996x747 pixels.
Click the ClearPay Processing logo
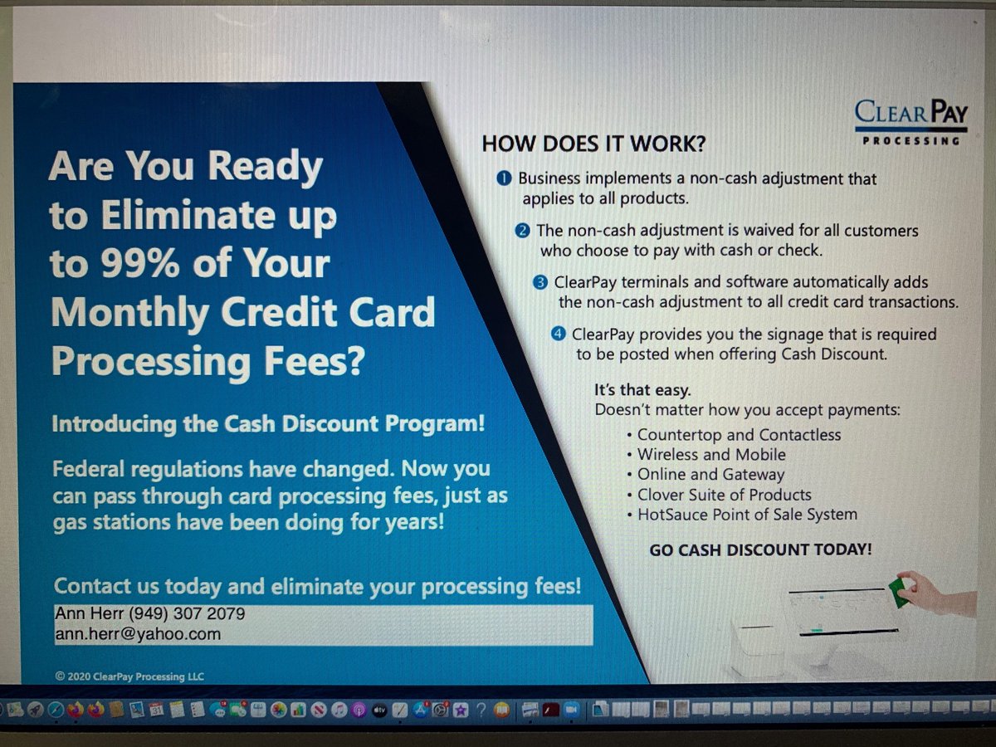pos(911,121)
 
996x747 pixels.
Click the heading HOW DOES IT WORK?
pos(593,144)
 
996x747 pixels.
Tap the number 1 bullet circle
pos(504,178)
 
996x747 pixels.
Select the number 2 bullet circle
pos(522,230)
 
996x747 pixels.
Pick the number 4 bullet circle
pos(559,334)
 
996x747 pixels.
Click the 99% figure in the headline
pos(133,264)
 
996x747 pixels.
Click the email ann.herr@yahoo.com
pos(138,634)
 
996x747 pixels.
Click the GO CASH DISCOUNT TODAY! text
pos(760,549)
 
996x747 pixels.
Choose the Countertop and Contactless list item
pos(739,435)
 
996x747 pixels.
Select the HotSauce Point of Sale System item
pos(747,515)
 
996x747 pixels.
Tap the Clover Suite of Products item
pos(724,495)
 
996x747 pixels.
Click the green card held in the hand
pos(897,592)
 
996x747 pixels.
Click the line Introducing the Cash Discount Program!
pos(268,423)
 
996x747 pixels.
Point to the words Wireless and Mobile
pos(711,455)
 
